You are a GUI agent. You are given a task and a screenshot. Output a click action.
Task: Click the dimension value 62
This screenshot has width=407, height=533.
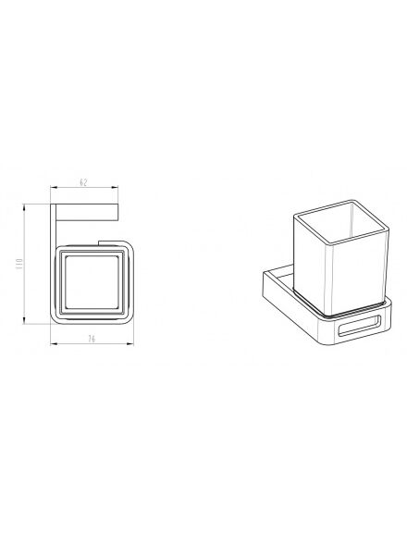point(83,182)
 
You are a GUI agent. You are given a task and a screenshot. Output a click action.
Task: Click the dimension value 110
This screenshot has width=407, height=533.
point(18,264)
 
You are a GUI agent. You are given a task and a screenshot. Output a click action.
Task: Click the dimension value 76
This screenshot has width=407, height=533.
point(92,339)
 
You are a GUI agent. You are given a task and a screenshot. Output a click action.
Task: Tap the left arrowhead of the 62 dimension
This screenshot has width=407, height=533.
point(53,187)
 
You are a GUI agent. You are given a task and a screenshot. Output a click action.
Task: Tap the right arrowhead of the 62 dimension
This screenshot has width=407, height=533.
point(116,187)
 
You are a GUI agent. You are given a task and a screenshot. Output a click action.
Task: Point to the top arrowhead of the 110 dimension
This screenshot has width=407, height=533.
point(24,206)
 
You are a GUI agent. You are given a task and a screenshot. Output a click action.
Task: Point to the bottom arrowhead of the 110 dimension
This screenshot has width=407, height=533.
point(24,321)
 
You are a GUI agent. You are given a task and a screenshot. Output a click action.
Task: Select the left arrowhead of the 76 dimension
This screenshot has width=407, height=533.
point(53,344)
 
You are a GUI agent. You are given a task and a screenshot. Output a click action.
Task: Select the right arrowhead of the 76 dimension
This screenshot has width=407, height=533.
point(131,344)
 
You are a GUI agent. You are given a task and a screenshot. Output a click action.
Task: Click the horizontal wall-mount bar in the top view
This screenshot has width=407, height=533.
point(87,213)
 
